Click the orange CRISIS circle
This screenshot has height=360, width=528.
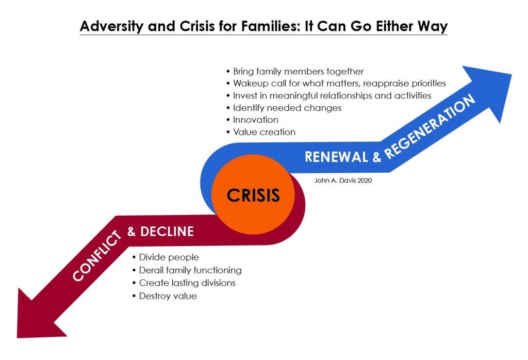(253, 194)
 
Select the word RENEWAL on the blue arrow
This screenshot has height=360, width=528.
(336, 157)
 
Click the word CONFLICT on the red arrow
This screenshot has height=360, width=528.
(96, 256)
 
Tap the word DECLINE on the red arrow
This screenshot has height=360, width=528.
(167, 232)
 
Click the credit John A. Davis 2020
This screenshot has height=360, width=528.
(343, 181)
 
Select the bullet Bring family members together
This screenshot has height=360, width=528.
(295, 71)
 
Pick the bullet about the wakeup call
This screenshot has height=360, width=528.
(336, 83)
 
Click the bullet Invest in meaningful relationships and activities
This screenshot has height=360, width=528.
(328, 95)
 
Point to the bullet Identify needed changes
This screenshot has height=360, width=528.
(284, 108)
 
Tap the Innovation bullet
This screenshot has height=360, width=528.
(252, 120)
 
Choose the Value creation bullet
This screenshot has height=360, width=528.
(261, 132)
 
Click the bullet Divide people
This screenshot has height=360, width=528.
(166, 257)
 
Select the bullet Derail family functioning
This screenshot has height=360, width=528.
(187, 270)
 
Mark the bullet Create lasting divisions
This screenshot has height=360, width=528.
(184, 283)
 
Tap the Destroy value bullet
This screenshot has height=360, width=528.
(164, 296)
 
